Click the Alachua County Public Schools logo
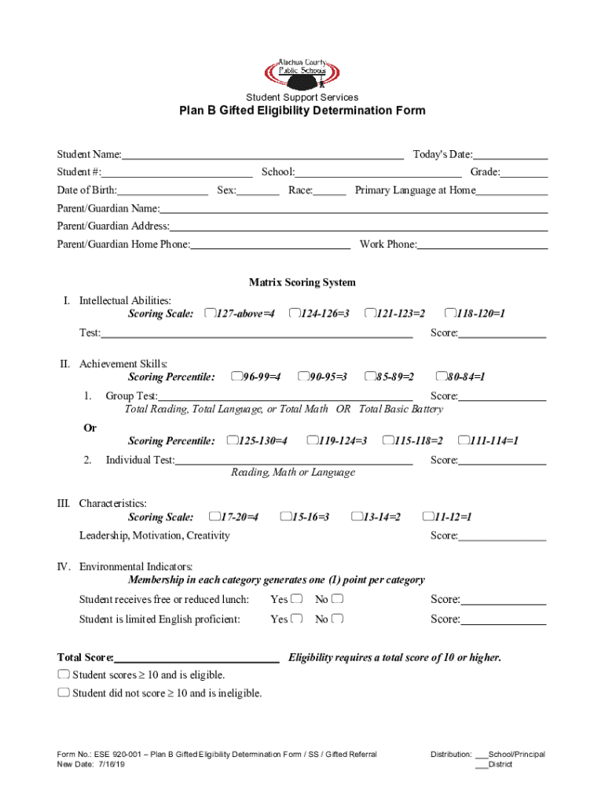[x=302, y=72]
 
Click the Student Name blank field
[x=262, y=155]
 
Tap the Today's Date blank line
[x=510, y=155]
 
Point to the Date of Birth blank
[x=163, y=191]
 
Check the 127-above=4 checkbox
[x=209, y=314]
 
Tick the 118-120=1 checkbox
[x=450, y=314]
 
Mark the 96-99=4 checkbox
[x=236, y=377]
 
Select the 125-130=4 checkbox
[x=232, y=440]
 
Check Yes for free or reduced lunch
[x=296, y=599]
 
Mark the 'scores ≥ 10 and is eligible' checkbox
[x=63, y=675]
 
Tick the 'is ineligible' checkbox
[x=63, y=693]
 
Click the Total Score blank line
[x=196, y=658]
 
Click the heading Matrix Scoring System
[x=302, y=282]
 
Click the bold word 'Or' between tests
[x=90, y=428]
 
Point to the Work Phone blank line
[x=482, y=245]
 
